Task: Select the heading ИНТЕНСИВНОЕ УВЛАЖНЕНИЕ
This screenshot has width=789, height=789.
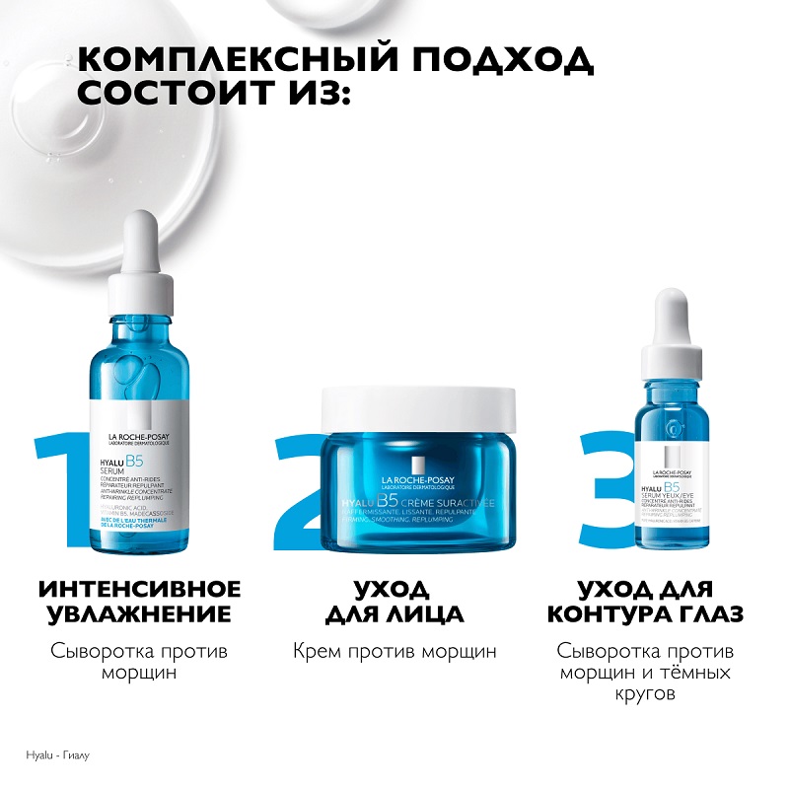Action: [x=139, y=602]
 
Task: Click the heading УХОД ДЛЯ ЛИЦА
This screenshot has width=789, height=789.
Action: [x=394, y=602]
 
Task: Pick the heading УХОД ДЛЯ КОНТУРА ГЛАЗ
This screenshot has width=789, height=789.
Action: [x=645, y=602]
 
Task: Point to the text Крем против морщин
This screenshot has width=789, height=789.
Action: [x=394, y=651]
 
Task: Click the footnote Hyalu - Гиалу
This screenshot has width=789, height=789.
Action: [x=50, y=756]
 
